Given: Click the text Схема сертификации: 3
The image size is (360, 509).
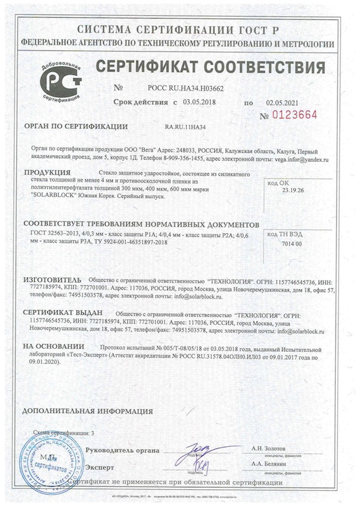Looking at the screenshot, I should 64,432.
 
